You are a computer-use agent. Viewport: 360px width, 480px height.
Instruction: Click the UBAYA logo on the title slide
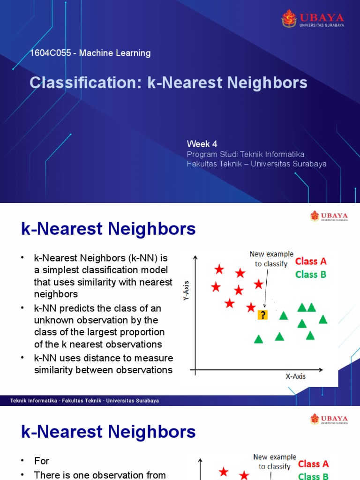pyautogui.click(x=313, y=19)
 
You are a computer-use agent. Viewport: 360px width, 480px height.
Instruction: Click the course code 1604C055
pyautogui.click(x=50, y=53)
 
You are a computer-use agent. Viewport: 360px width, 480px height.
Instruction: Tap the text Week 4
pyautogui.click(x=202, y=144)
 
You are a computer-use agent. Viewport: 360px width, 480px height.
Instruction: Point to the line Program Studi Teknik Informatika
pyautogui.click(x=246, y=154)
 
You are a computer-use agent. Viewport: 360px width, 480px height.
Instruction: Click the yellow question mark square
pyautogui.click(x=262, y=315)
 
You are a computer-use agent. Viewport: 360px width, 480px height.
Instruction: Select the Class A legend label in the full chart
pyautogui.click(x=311, y=261)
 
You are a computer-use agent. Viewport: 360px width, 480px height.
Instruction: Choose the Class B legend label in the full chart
pyautogui.click(x=311, y=275)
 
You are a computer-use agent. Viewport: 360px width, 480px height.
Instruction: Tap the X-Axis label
pyautogui.click(x=296, y=376)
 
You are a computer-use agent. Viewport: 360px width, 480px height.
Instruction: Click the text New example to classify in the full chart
pyautogui.click(x=271, y=259)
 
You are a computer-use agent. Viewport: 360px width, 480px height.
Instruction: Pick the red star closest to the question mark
pyautogui.click(x=251, y=307)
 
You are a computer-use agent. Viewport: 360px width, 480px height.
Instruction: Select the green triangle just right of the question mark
pyautogui.click(x=283, y=315)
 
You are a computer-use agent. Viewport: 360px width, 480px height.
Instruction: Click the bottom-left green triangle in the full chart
pyautogui.click(x=258, y=339)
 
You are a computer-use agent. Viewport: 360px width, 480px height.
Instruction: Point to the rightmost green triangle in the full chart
pyautogui.click(x=322, y=319)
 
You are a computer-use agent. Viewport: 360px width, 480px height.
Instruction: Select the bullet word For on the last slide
pyautogui.click(x=42, y=461)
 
